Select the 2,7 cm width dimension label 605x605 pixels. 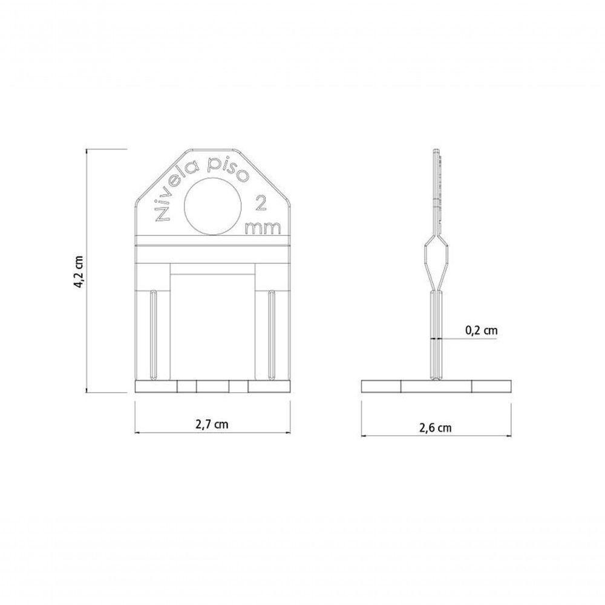pos(212,423)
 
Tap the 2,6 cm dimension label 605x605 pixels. pos(436,427)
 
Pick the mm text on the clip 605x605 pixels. pos(263,227)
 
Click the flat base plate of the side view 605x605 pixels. pos(436,386)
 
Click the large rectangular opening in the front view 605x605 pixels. pos(212,327)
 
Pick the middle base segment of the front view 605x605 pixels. pos(213,386)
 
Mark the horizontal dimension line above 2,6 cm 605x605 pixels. pos(436,436)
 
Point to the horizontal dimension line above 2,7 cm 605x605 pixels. pos(212,433)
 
